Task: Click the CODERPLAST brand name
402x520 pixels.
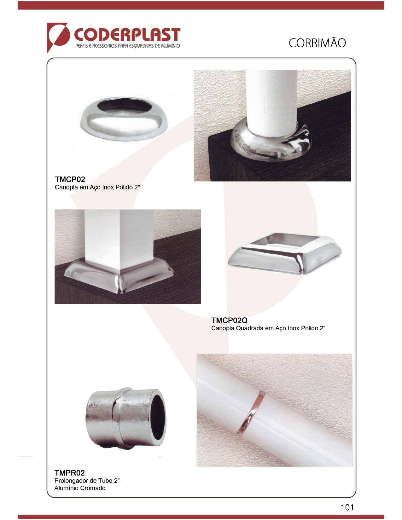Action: tap(127, 35)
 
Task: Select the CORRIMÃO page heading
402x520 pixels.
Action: tap(317, 43)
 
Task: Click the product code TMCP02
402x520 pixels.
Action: tap(70, 179)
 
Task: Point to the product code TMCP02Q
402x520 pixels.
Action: tap(229, 320)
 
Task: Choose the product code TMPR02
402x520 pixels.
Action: tap(69, 473)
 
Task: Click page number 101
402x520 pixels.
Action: tap(347, 507)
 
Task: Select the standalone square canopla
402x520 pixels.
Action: tap(285, 253)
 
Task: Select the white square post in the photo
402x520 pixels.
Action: tap(119, 239)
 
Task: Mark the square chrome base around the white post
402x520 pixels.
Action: tap(119, 276)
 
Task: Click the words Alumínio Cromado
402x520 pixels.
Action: tap(80, 488)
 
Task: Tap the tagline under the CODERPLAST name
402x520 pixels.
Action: tap(127, 46)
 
